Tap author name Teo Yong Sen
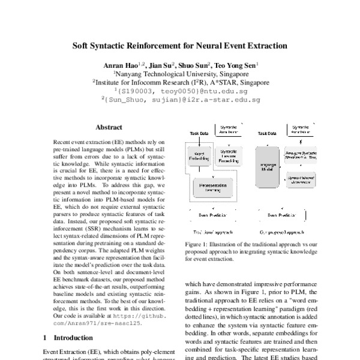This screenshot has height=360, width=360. point(236,65)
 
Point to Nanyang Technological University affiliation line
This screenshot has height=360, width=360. point(182,74)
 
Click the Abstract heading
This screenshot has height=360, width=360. point(109,127)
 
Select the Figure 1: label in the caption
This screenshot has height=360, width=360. point(198,245)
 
